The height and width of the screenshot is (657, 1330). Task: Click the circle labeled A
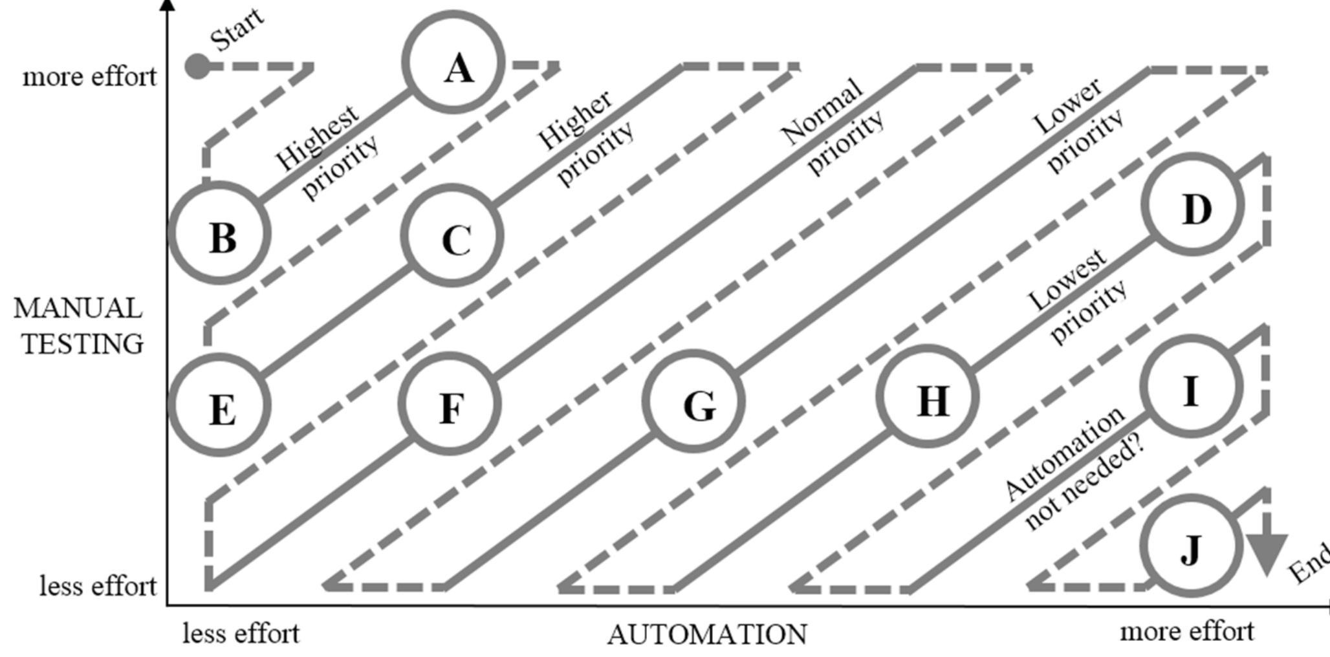[453, 62]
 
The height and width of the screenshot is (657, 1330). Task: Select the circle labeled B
[219, 233]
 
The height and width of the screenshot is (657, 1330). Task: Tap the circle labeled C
[452, 235]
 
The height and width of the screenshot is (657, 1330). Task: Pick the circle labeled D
[1194, 205]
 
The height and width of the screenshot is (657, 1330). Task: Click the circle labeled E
[219, 405]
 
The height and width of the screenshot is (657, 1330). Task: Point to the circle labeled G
[694, 401]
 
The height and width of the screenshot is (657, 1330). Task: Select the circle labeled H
[927, 396]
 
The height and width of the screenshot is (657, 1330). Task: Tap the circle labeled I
[1192, 387]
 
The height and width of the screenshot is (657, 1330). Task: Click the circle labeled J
[1191, 546]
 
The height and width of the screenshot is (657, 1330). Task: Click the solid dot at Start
[197, 66]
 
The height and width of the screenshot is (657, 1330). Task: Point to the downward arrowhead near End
[1267, 554]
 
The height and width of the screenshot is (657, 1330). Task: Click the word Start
[237, 30]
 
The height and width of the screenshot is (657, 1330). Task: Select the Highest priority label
[327, 153]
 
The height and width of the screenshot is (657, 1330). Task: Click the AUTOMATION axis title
[707, 634]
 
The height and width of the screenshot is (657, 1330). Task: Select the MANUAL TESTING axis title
[79, 326]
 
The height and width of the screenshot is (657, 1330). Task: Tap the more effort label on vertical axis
[89, 77]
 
